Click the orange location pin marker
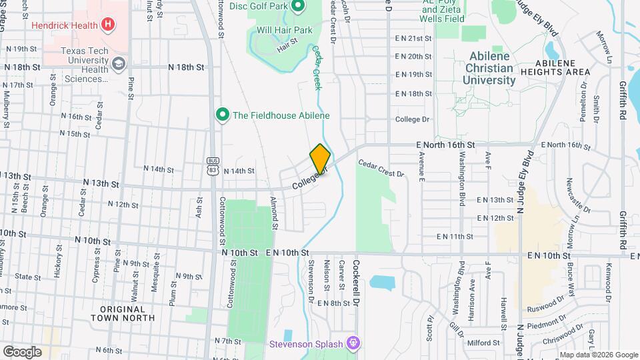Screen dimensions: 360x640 point(320,159)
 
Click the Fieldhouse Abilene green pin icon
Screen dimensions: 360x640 point(223,115)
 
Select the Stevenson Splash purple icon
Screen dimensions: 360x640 point(353,344)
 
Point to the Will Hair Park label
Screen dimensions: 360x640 point(284,30)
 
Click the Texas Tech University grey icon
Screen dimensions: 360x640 point(119,64)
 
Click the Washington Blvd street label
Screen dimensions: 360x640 point(461,177)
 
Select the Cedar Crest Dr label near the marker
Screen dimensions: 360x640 point(381,168)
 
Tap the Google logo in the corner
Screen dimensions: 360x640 point(22,351)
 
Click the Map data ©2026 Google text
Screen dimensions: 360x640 point(597,355)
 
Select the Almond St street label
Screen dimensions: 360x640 point(274,212)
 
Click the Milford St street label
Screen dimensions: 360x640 point(483,343)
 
